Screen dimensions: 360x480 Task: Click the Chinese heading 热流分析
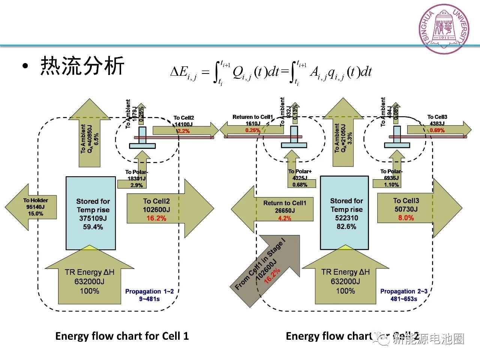point(82,66)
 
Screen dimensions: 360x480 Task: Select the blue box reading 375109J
point(90,213)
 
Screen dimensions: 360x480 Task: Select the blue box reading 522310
point(344,213)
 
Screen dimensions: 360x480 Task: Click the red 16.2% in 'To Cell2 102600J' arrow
point(156,218)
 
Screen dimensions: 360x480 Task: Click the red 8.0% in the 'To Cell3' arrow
point(406,218)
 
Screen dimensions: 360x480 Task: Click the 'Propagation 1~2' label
point(149,291)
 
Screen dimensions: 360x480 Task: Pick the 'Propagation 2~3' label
point(404,291)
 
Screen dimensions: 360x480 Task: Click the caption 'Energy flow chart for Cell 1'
point(122,336)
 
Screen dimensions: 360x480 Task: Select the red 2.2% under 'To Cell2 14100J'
point(183,131)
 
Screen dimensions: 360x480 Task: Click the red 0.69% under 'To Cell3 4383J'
point(437,130)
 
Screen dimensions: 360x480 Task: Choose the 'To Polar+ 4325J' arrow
point(300,176)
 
